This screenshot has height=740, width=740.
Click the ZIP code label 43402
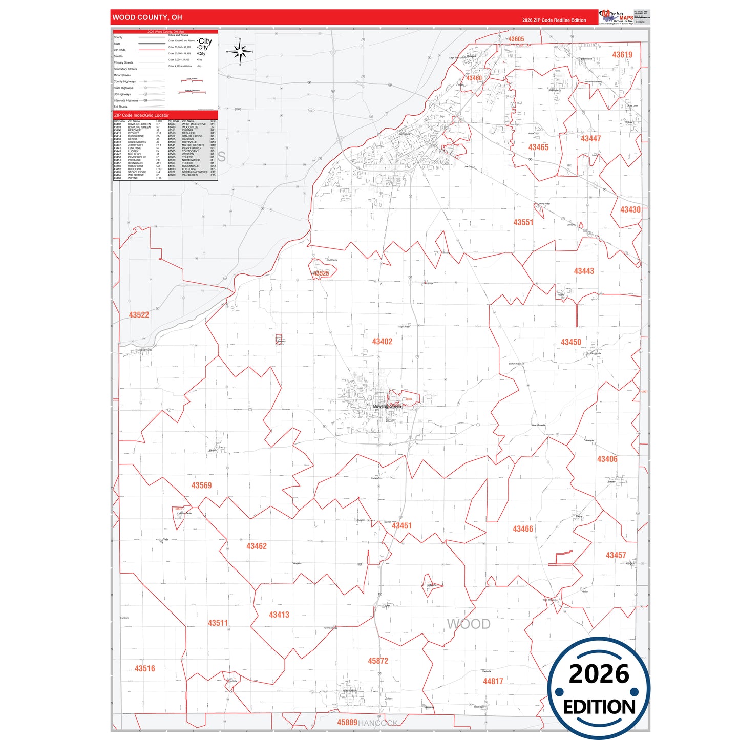coord(382,342)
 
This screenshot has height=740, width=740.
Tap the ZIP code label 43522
coord(139,315)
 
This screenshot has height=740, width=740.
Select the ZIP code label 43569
coord(201,485)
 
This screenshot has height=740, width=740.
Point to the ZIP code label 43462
coord(257,546)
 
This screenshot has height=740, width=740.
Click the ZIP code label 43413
coord(279,615)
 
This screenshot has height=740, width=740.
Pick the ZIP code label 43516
coord(145,668)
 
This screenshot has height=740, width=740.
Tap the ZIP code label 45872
coord(378,661)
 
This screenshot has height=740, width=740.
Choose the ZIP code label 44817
coord(493,681)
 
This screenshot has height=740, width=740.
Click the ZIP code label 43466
coord(523,529)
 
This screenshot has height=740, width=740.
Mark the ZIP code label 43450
coord(571,342)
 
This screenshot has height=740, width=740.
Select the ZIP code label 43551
coord(523,223)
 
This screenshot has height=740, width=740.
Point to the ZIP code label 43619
coord(622,55)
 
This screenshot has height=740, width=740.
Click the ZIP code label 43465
coord(538,147)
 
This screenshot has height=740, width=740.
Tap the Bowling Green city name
coord(387,406)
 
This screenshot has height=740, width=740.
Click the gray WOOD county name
coord(469,624)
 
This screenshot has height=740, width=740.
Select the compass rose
coord(240,52)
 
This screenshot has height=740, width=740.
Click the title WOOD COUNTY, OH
coord(147,17)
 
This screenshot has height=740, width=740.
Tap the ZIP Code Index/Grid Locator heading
coord(141,115)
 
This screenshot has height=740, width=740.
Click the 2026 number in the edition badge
coord(599,674)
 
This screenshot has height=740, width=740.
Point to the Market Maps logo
coord(617,17)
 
